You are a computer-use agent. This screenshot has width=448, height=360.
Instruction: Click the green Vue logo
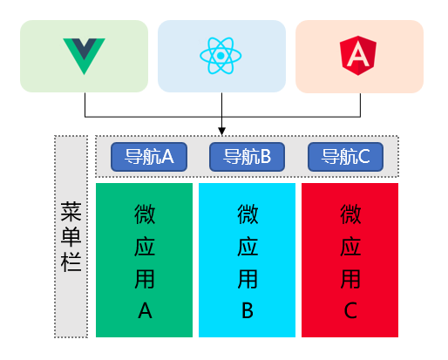[x=85, y=56]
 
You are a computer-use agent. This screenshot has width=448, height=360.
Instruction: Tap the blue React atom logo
[x=221, y=57]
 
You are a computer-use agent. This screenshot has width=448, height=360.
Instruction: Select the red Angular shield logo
[x=359, y=57]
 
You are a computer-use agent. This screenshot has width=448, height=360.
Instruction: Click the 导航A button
[x=143, y=157]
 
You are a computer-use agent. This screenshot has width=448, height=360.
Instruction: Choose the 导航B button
[x=248, y=157]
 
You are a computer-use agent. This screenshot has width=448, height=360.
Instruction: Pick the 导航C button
[x=346, y=157]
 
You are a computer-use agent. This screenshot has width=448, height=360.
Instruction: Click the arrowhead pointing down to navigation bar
[x=222, y=131]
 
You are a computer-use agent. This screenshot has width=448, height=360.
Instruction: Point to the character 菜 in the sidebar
[x=71, y=212]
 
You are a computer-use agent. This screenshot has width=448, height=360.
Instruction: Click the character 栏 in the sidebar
[x=71, y=261]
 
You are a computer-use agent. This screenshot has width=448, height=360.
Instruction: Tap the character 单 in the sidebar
[x=71, y=236]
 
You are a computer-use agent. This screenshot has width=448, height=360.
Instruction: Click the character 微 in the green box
[x=145, y=213]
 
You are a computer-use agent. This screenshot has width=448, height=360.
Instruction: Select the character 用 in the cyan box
[x=248, y=278]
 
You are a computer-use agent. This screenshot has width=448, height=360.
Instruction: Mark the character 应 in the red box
[x=350, y=246]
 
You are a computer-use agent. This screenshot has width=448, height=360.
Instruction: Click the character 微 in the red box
[x=350, y=213]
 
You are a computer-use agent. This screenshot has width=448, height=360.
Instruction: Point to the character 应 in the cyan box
[x=248, y=246]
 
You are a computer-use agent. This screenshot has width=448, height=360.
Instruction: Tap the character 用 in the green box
[x=145, y=278]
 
